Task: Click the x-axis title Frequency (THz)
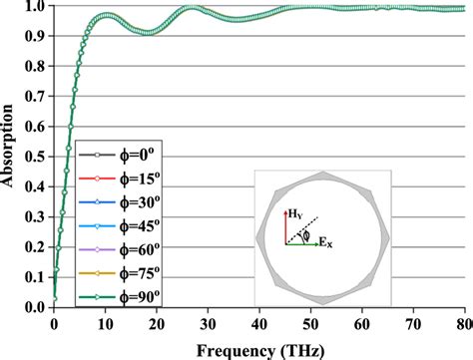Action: coord(259,349)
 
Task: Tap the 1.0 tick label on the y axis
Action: coord(37,6)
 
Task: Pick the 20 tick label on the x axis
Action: coord(157,324)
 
